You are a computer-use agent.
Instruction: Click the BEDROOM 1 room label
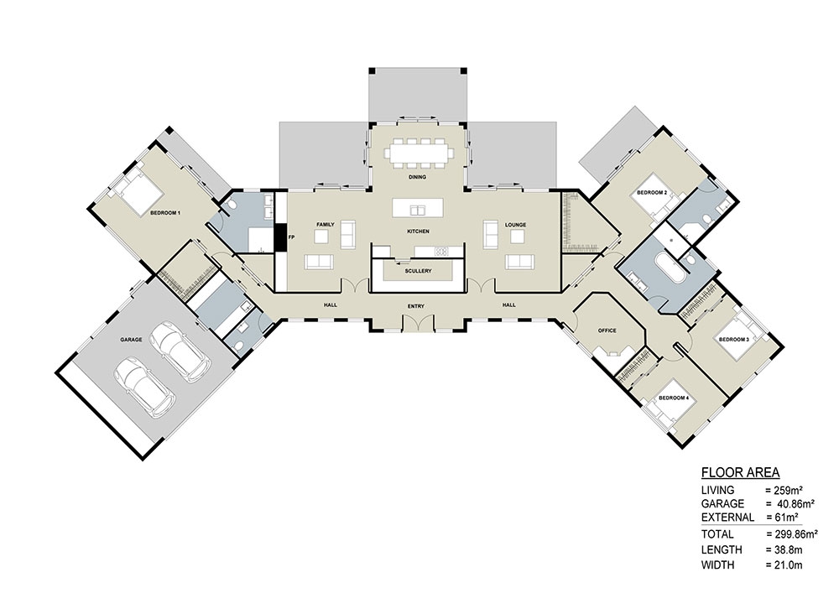pyautogui.click(x=166, y=213)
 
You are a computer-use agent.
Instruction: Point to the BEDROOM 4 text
pyautogui.click(x=673, y=397)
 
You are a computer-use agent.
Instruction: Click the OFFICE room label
pyautogui.click(x=607, y=330)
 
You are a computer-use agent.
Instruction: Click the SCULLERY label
pyautogui.click(x=418, y=271)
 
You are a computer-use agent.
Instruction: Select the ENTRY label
pyautogui.click(x=417, y=307)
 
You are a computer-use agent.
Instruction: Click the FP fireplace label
pyautogui.click(x=291, y=237)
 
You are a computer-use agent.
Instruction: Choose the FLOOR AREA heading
pyautogui.click(x=740, y=471)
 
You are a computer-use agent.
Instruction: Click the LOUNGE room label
pyautogui.click(x=514, y=226)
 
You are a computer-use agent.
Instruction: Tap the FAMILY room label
pyautogui.click(x=326, y=226)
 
